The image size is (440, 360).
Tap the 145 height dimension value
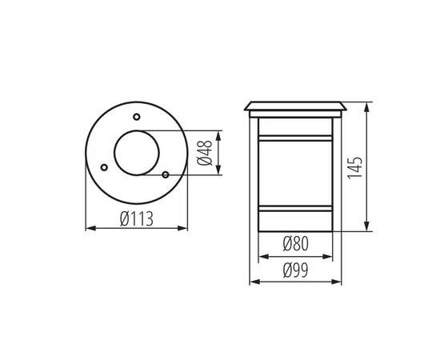pyautogui.click(x=356, y=166)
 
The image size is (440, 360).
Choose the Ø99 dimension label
pyautogui.click(x=295, y=270)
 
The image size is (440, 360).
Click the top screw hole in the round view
pyautogui.click(x=136, y=118)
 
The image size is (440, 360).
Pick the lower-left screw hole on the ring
pyautogui.click(x=104, y=166)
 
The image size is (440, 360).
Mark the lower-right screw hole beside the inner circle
pyautogui.click(x=165, y=174)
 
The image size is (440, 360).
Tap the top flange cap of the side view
pyautogui.click(x=295, y=106)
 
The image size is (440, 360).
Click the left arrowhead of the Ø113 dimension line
pyautogui.click(x=87, y=229)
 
